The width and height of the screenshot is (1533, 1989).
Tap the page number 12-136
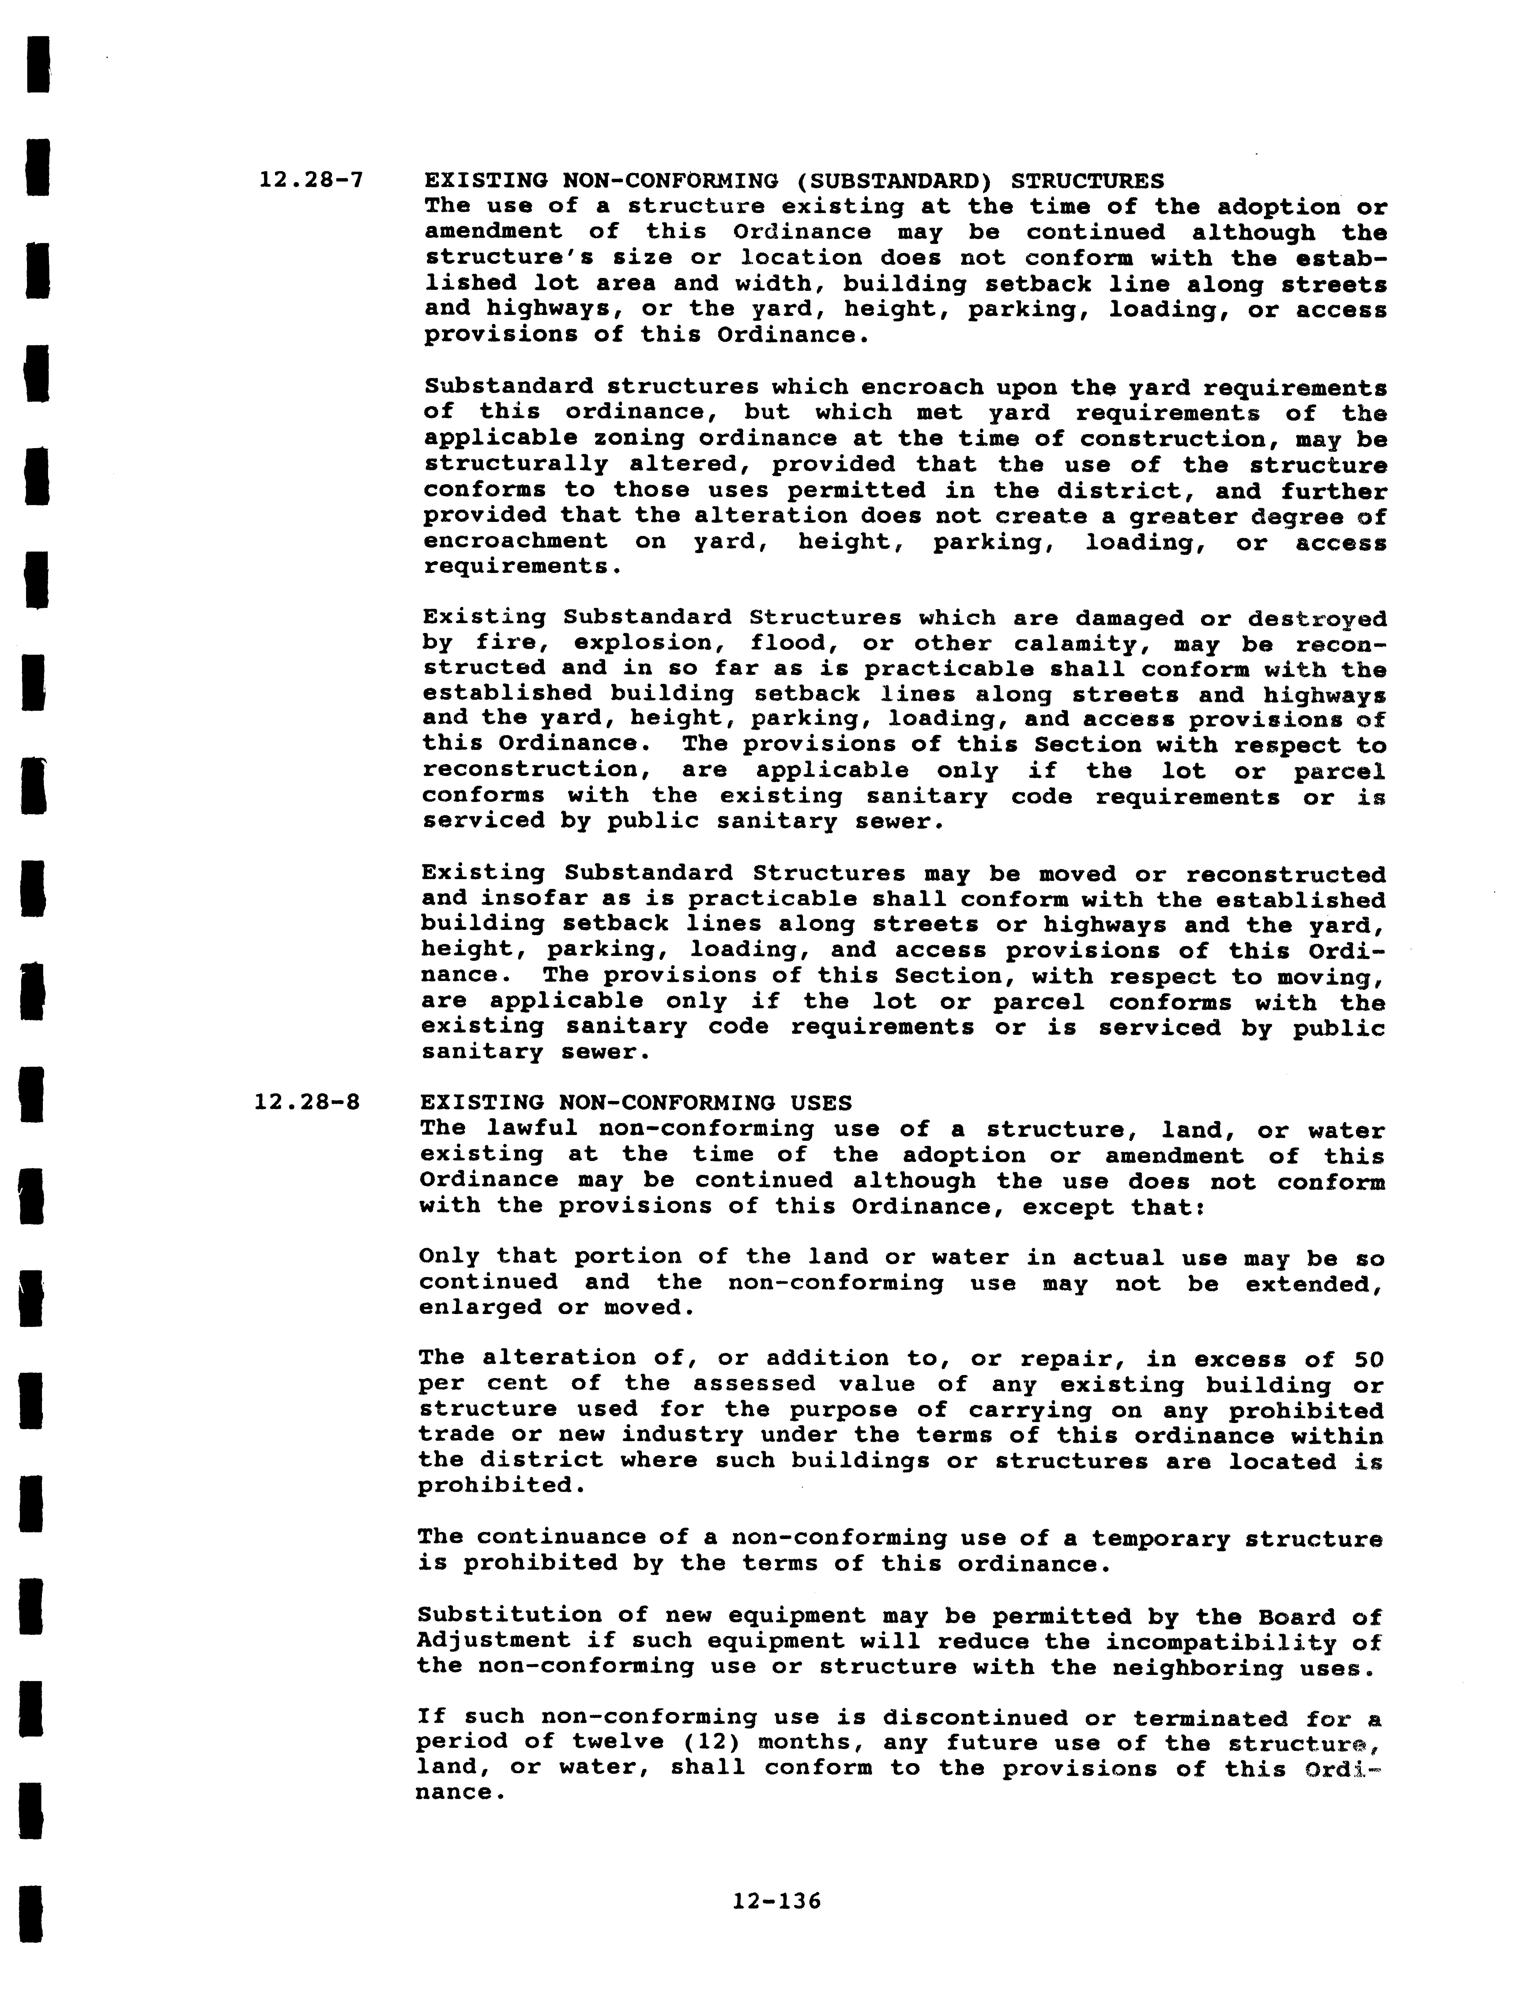776,1901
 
